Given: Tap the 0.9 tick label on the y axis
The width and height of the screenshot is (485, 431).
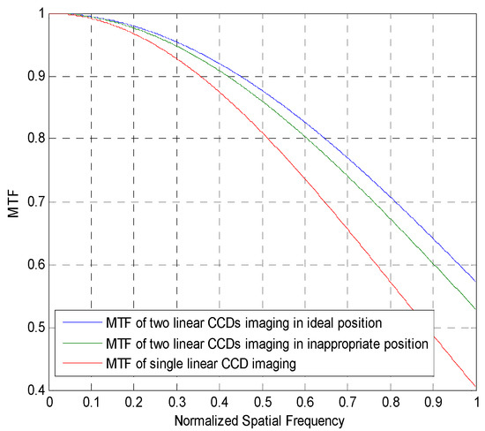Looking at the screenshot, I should point(34,76).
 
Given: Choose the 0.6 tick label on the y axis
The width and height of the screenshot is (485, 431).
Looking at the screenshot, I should point(34,265).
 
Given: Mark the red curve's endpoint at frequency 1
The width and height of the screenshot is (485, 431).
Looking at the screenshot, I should point(476,386).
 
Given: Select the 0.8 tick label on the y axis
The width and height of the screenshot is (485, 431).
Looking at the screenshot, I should point(34,139).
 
